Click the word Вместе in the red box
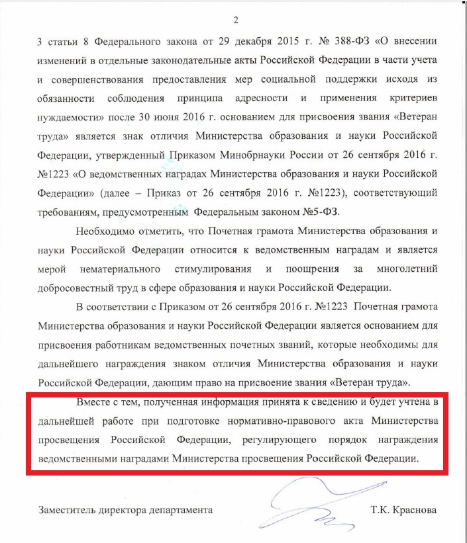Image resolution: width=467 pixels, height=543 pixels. [92, 402]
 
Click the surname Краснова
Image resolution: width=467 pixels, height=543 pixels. [415, 511]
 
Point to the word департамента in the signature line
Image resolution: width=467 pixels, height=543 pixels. [182, 511]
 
